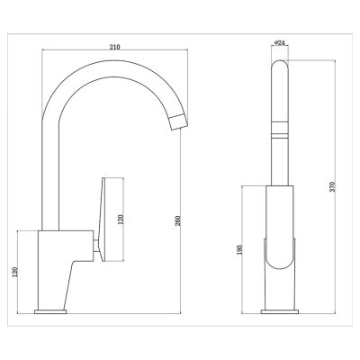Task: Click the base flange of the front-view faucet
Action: click(x=279, y=311)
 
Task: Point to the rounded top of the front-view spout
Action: click(x=279, y=66)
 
